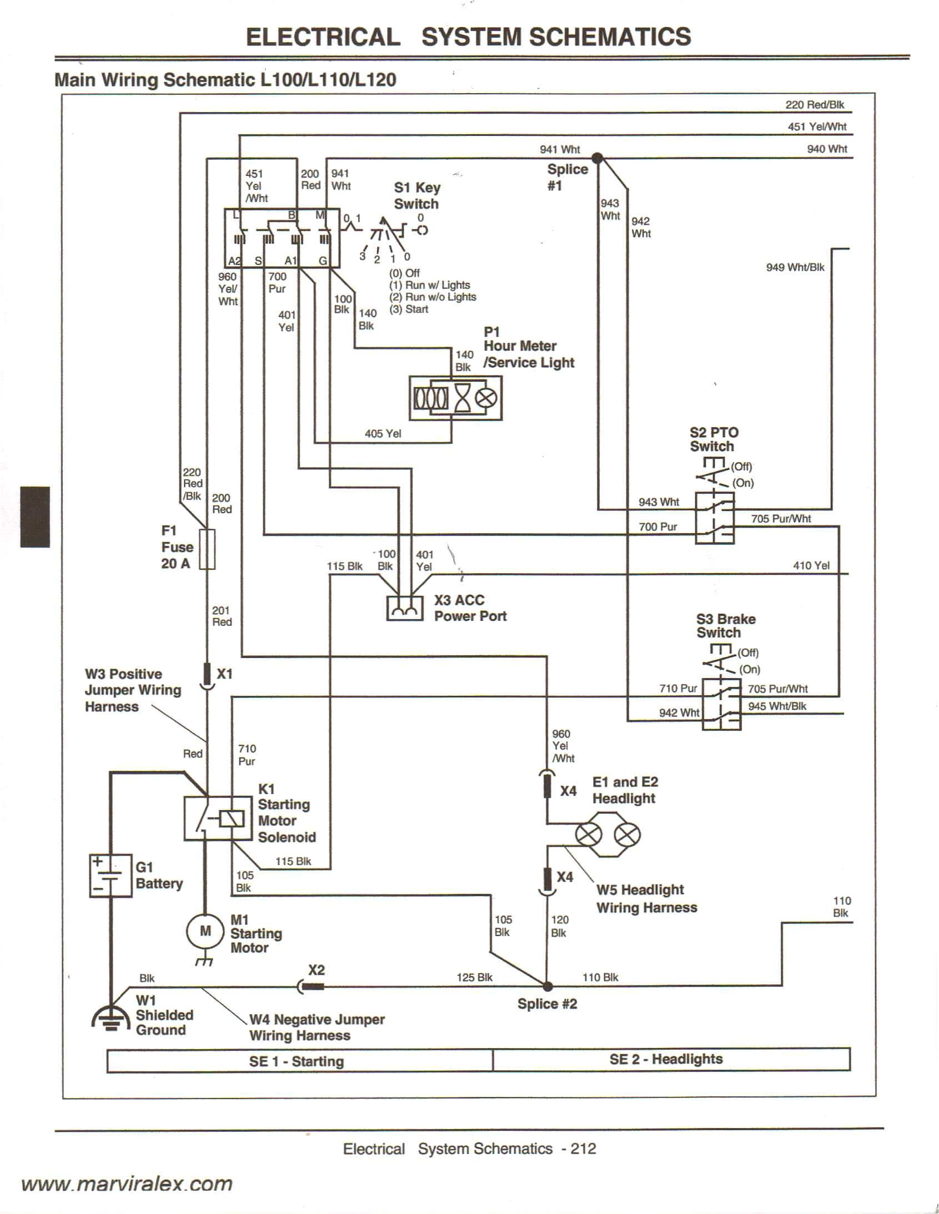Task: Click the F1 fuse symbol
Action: [x=207, y=549]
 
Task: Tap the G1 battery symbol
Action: [x=111, y=876]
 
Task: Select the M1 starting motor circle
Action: [x=205, y=931]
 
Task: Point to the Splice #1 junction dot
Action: [x=597, y=158]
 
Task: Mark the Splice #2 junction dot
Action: [x=548, y=987]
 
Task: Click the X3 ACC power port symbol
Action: [x=404, y=608]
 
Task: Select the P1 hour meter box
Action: [x=455, y=397]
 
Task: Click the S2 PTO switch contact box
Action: [x=714, y=518]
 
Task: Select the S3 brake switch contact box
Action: [x=721, y=704]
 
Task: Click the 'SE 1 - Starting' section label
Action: [x=297, y=1061]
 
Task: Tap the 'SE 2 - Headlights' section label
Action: [x=665, y=1059]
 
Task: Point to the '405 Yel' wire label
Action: [x=383, y=433]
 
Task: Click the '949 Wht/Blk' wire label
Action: [x=795, y=267]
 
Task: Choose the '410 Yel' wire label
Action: [x=811, y=565]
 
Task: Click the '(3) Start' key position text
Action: [x=409, y=310]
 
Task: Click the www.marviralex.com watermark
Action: [x=127, y=1183]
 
